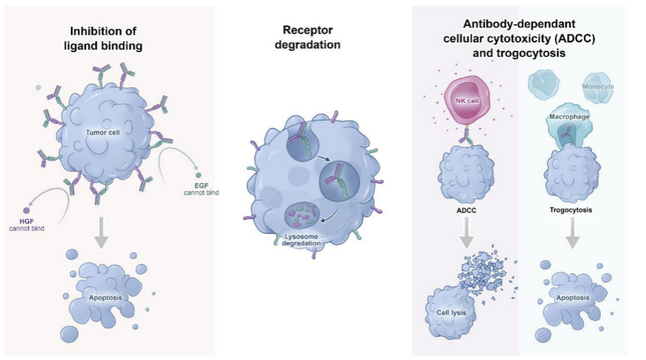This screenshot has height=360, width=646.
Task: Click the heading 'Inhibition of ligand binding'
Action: click(107, 37)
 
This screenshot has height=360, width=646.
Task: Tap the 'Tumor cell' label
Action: click(102, 133)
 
